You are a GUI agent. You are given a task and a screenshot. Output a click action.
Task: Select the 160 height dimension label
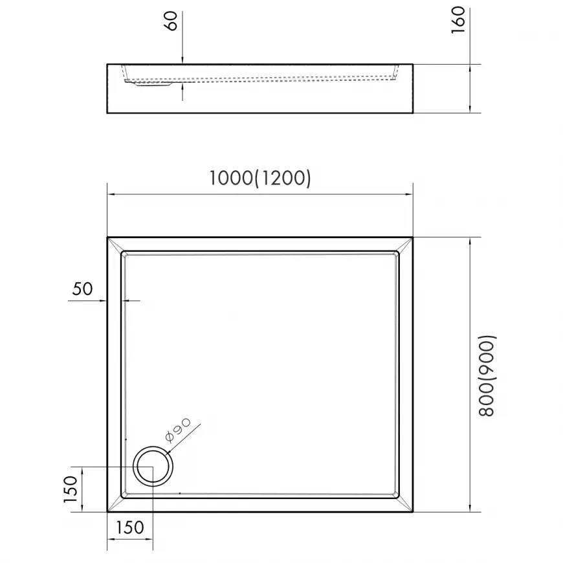point(458,21)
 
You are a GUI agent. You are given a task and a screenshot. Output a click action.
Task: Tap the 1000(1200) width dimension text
point(260,178)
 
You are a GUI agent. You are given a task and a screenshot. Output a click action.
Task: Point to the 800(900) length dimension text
point(487,376)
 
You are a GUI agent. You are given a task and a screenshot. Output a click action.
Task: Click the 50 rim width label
point(82,289)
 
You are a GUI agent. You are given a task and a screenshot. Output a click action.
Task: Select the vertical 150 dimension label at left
point(71,489)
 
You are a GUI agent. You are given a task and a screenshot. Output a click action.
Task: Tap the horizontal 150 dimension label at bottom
point(130,527)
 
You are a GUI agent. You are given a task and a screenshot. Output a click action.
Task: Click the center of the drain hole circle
point(153,467)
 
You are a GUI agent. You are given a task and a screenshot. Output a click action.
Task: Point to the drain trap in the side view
point(153,84)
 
